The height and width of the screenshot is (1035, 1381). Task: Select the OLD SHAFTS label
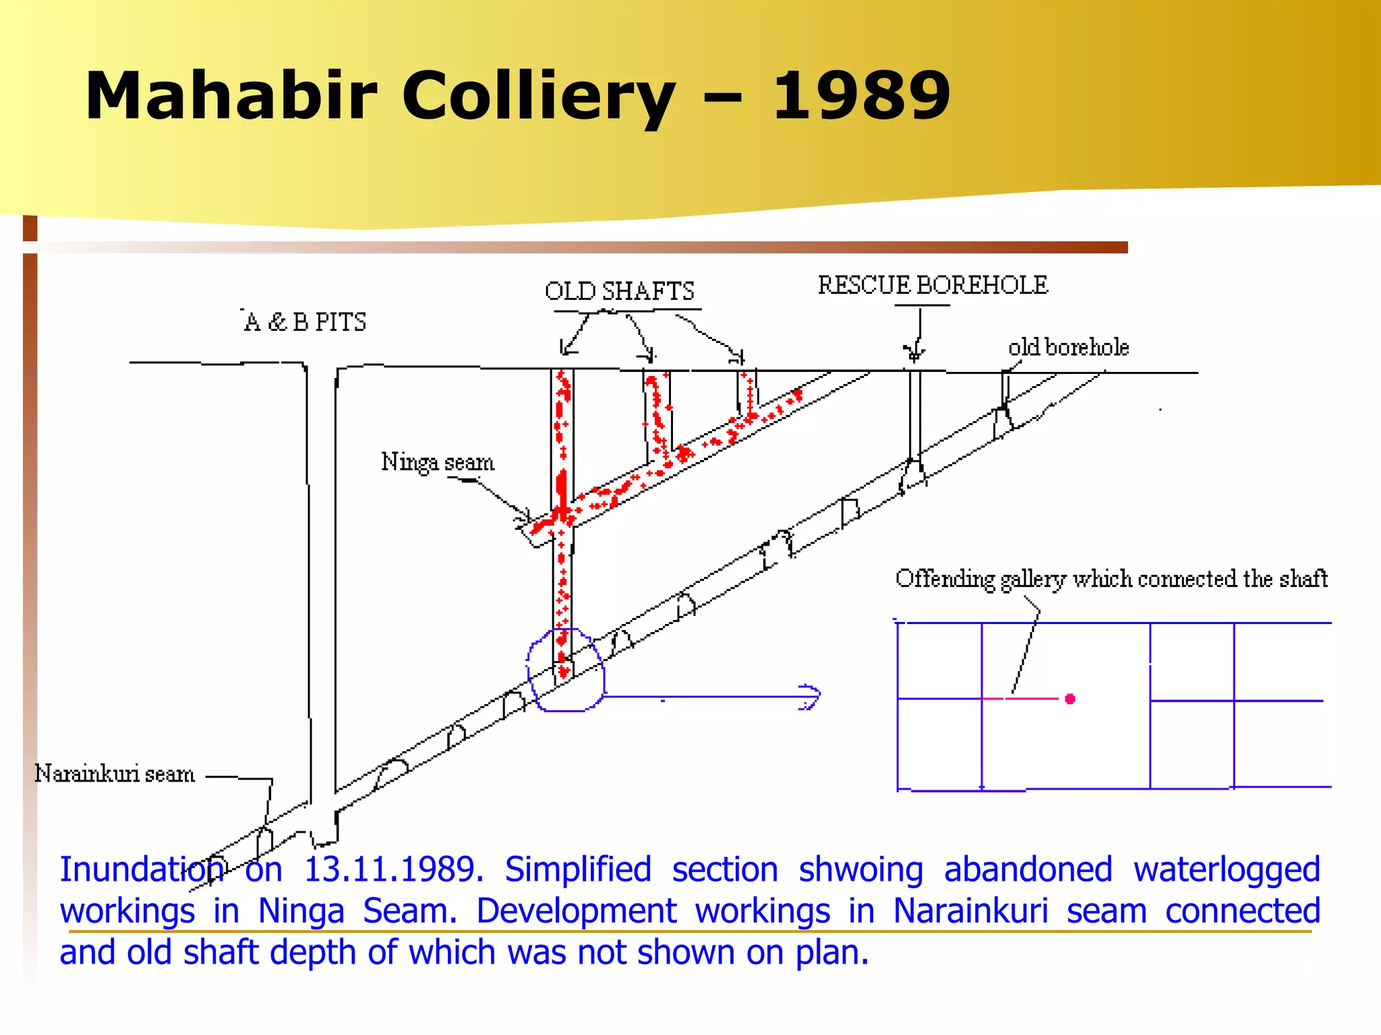click(x=619, y=291)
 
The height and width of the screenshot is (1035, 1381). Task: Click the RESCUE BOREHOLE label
click(x=933, y=285)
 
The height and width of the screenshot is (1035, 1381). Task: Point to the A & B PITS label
click(x=305, y=322)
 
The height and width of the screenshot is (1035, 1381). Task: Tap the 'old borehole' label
click(x=1068, y=347)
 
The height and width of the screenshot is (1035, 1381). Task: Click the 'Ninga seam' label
click(x=438, y=462)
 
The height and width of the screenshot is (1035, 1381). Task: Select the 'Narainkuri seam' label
click(x=115, y=774)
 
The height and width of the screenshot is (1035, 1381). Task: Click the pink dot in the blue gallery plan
click(x=1069, y=699)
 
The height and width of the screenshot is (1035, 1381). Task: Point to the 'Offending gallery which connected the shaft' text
click(x=1111, y=579)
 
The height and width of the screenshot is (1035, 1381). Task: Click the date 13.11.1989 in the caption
click(x=393, y=869)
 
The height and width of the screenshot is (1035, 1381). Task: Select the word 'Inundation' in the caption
click(x=142, y=869)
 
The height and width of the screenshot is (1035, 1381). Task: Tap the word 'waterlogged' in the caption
click(x=1226, y=869)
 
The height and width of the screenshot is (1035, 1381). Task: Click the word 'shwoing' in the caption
click(x=860, y=869)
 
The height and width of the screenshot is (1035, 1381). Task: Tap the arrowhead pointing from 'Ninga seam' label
click(x=523, y=517)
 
